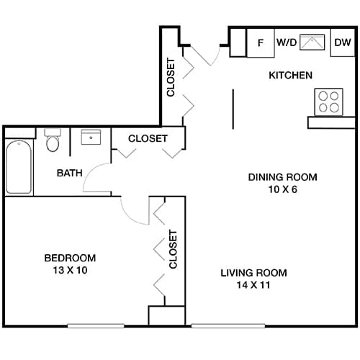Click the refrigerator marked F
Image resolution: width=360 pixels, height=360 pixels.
tap(261, 43)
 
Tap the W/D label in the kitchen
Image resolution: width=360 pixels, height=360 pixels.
tap(286, 43)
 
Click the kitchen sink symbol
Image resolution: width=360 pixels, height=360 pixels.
tap(314, 42)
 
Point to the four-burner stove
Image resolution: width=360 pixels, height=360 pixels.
tap(330, 101)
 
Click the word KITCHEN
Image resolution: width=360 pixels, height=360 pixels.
tap(290, 76)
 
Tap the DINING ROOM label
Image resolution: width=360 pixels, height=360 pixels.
tap(282, 177)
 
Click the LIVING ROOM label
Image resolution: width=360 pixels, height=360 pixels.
tap(253, 273)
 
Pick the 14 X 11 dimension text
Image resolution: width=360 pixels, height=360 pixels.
tap(253, 285)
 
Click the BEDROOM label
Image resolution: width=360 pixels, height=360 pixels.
tap(70, 258)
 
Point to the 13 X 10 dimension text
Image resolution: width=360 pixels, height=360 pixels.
tap(70, 270)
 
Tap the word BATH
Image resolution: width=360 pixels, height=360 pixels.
tap(70, 173)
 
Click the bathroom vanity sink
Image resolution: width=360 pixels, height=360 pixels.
tap(91, 138)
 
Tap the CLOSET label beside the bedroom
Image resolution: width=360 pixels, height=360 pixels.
tap(173, 249)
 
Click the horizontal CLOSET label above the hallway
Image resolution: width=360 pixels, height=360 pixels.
tap(148, 138)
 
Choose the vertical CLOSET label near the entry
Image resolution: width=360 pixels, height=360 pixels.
tap(171, 78)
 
